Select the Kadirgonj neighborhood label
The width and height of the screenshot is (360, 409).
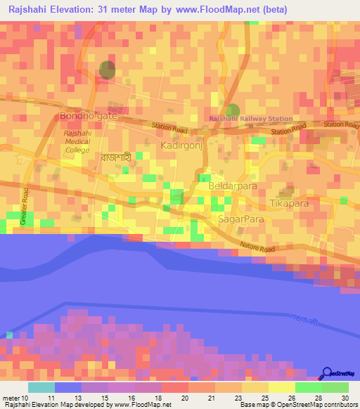point(181,145)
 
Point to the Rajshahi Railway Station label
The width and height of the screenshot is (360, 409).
point(250,119)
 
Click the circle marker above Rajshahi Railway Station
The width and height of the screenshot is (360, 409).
point(233,110)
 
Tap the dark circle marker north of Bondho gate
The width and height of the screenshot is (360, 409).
point(107,69)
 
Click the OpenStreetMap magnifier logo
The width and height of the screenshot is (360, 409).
point(328,375)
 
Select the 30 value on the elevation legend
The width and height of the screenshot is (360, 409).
point(345,398)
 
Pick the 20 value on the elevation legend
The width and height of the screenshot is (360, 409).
point(185,398)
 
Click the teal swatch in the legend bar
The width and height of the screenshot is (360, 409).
point(41,387)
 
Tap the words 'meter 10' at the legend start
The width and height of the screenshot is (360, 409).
point(16,398)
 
